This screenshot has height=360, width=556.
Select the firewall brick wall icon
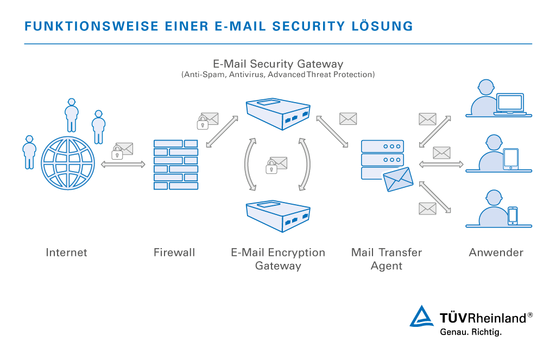[175, 165]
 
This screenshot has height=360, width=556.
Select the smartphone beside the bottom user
[513, 216]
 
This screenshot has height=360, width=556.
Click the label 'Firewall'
[174, 252]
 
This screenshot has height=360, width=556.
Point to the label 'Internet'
[66, 252]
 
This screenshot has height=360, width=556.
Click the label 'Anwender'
[496, 252]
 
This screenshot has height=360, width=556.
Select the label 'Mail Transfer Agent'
[386, 259]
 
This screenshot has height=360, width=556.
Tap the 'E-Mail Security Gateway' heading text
[278, 64]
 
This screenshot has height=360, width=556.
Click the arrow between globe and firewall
[123, 164]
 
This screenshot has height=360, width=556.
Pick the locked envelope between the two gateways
[276, 165]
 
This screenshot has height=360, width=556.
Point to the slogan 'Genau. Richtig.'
[470, 332]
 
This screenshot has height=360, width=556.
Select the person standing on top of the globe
[71, 115]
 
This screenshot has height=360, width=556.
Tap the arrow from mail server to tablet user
[440, 164]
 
